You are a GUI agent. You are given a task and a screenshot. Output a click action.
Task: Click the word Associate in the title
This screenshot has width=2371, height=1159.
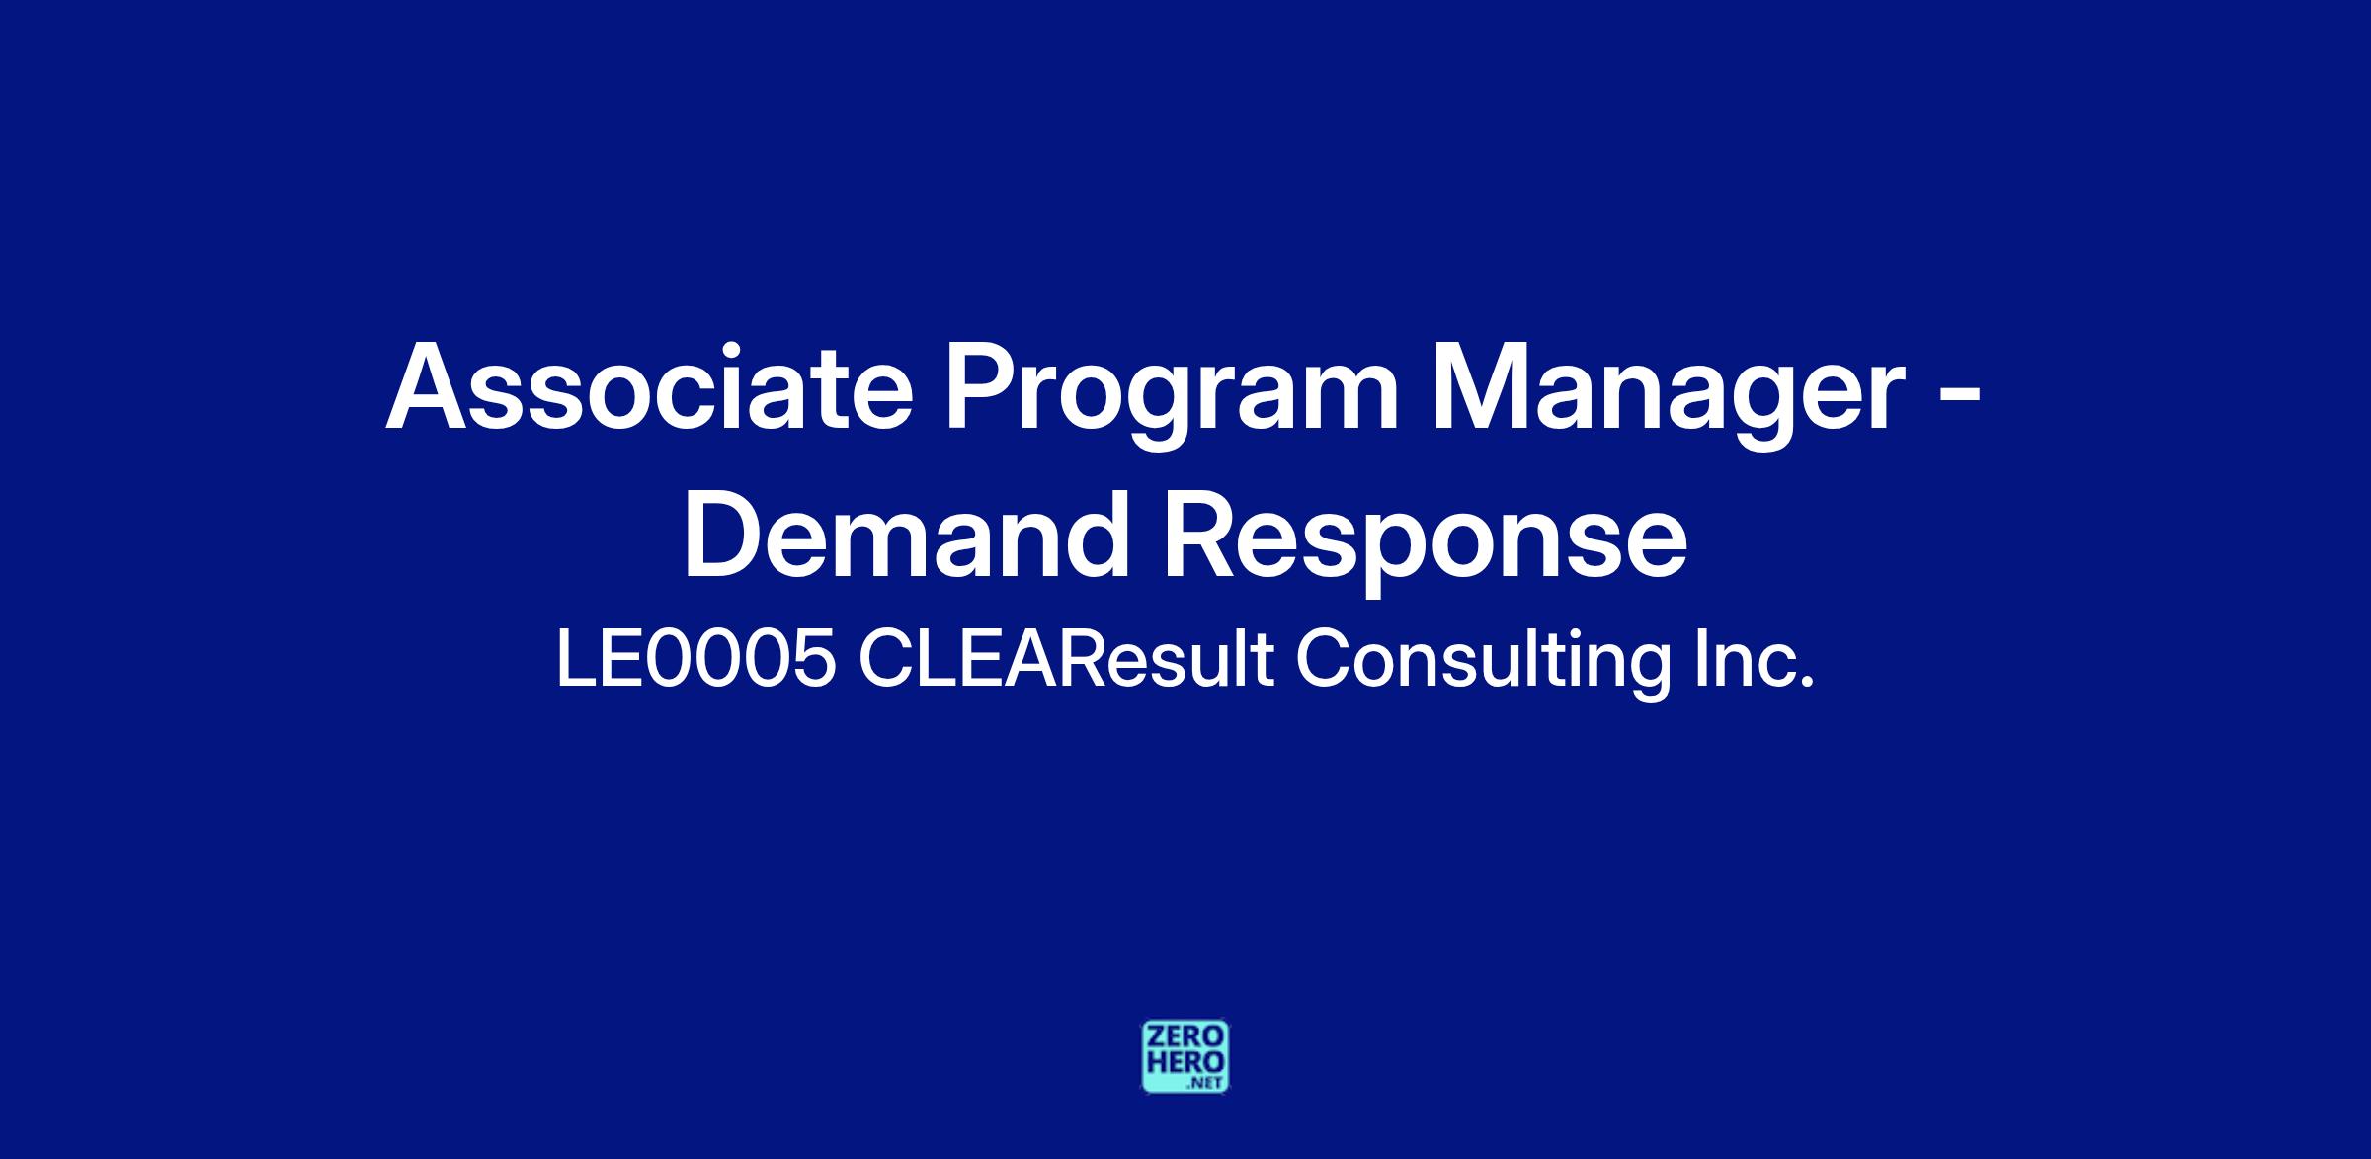click(649, 386)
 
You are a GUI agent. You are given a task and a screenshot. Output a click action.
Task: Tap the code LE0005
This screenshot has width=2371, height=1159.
click(695, 660)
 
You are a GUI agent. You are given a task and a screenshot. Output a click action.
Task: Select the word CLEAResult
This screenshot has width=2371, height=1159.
click(1066, 660)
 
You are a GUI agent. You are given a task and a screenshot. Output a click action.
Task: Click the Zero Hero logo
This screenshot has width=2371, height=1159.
click(1185, 1056)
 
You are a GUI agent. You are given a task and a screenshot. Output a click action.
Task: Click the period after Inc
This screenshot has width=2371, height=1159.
click(1808, 683)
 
